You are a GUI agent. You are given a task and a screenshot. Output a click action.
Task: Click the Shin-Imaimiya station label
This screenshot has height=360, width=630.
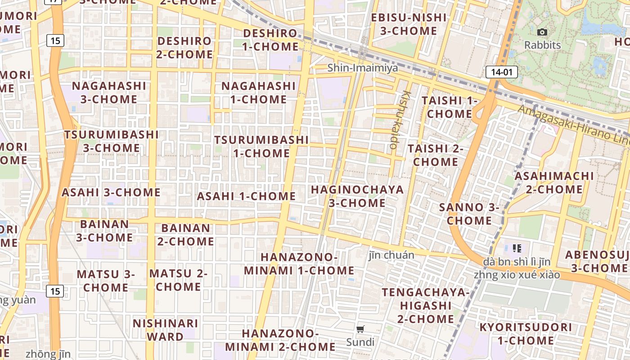[363, 68]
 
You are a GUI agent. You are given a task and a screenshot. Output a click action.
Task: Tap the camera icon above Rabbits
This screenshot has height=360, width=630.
[542, 32]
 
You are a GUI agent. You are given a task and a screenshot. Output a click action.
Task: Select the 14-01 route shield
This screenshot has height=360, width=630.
[501, 72]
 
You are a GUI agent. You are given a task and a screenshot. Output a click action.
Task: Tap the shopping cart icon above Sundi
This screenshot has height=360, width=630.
[360, 329]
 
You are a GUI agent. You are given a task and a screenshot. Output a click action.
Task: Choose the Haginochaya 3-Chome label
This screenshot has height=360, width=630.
[357, 196]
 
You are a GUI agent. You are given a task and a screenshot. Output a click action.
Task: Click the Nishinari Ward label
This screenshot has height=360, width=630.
[166, 330]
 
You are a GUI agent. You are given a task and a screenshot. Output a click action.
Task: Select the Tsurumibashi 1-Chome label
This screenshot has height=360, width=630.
[261, 146]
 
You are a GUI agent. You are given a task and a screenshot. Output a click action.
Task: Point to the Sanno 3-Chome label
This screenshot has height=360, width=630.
[469, 214]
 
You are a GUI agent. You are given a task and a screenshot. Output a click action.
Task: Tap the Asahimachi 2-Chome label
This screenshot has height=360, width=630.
[554, 182]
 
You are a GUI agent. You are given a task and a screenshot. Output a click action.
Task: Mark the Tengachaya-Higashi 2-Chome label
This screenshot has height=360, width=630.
[425, 306]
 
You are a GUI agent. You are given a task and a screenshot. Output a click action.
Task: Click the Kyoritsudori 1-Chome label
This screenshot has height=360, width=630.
[525, 333]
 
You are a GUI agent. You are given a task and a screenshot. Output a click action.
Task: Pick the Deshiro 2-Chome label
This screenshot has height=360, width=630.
[184, 47]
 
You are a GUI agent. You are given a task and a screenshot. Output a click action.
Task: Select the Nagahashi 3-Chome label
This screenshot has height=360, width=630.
[109, 92]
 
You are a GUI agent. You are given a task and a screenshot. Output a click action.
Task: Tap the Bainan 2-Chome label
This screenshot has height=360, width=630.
[185, 234]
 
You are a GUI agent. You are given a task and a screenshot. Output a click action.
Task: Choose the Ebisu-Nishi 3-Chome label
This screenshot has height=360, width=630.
[409, 24]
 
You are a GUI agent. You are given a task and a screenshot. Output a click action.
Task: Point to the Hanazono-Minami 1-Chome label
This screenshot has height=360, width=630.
[299, 264]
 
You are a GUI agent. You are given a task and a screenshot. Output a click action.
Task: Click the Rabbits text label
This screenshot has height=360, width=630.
[543, 45]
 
